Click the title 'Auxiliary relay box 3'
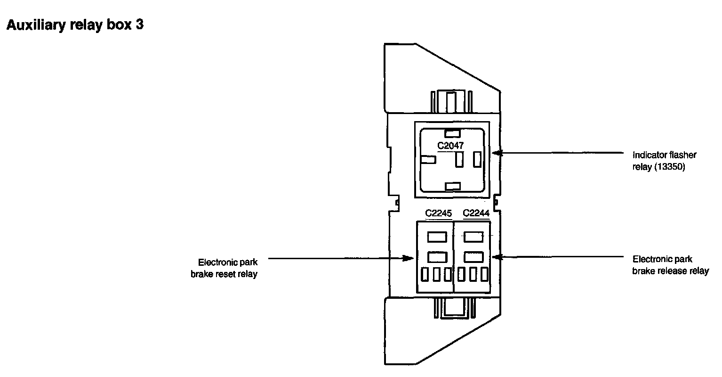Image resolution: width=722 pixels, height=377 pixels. pos(74,25)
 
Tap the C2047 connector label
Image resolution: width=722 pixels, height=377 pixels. pos(450,146)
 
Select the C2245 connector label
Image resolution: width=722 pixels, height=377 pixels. pos(438,213)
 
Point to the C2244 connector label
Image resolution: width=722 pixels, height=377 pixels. pos(476,213)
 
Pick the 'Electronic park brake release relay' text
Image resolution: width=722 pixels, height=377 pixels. pos(670,265)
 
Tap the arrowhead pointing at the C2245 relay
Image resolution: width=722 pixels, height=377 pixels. pos(409,258)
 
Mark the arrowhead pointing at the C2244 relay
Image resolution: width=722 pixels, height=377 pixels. pos(496,257)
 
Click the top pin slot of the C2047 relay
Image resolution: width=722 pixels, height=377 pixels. pos(452,133)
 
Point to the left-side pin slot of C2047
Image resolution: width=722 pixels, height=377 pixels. pos(427,160)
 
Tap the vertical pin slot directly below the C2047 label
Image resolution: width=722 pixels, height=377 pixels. pos(459,159)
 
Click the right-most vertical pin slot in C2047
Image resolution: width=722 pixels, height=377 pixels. pos(478,159)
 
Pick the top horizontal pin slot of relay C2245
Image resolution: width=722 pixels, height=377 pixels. pos(436,237)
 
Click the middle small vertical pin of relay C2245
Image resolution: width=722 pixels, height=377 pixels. pos(436,274)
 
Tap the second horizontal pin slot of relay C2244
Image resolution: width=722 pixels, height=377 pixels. pos(473,257)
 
